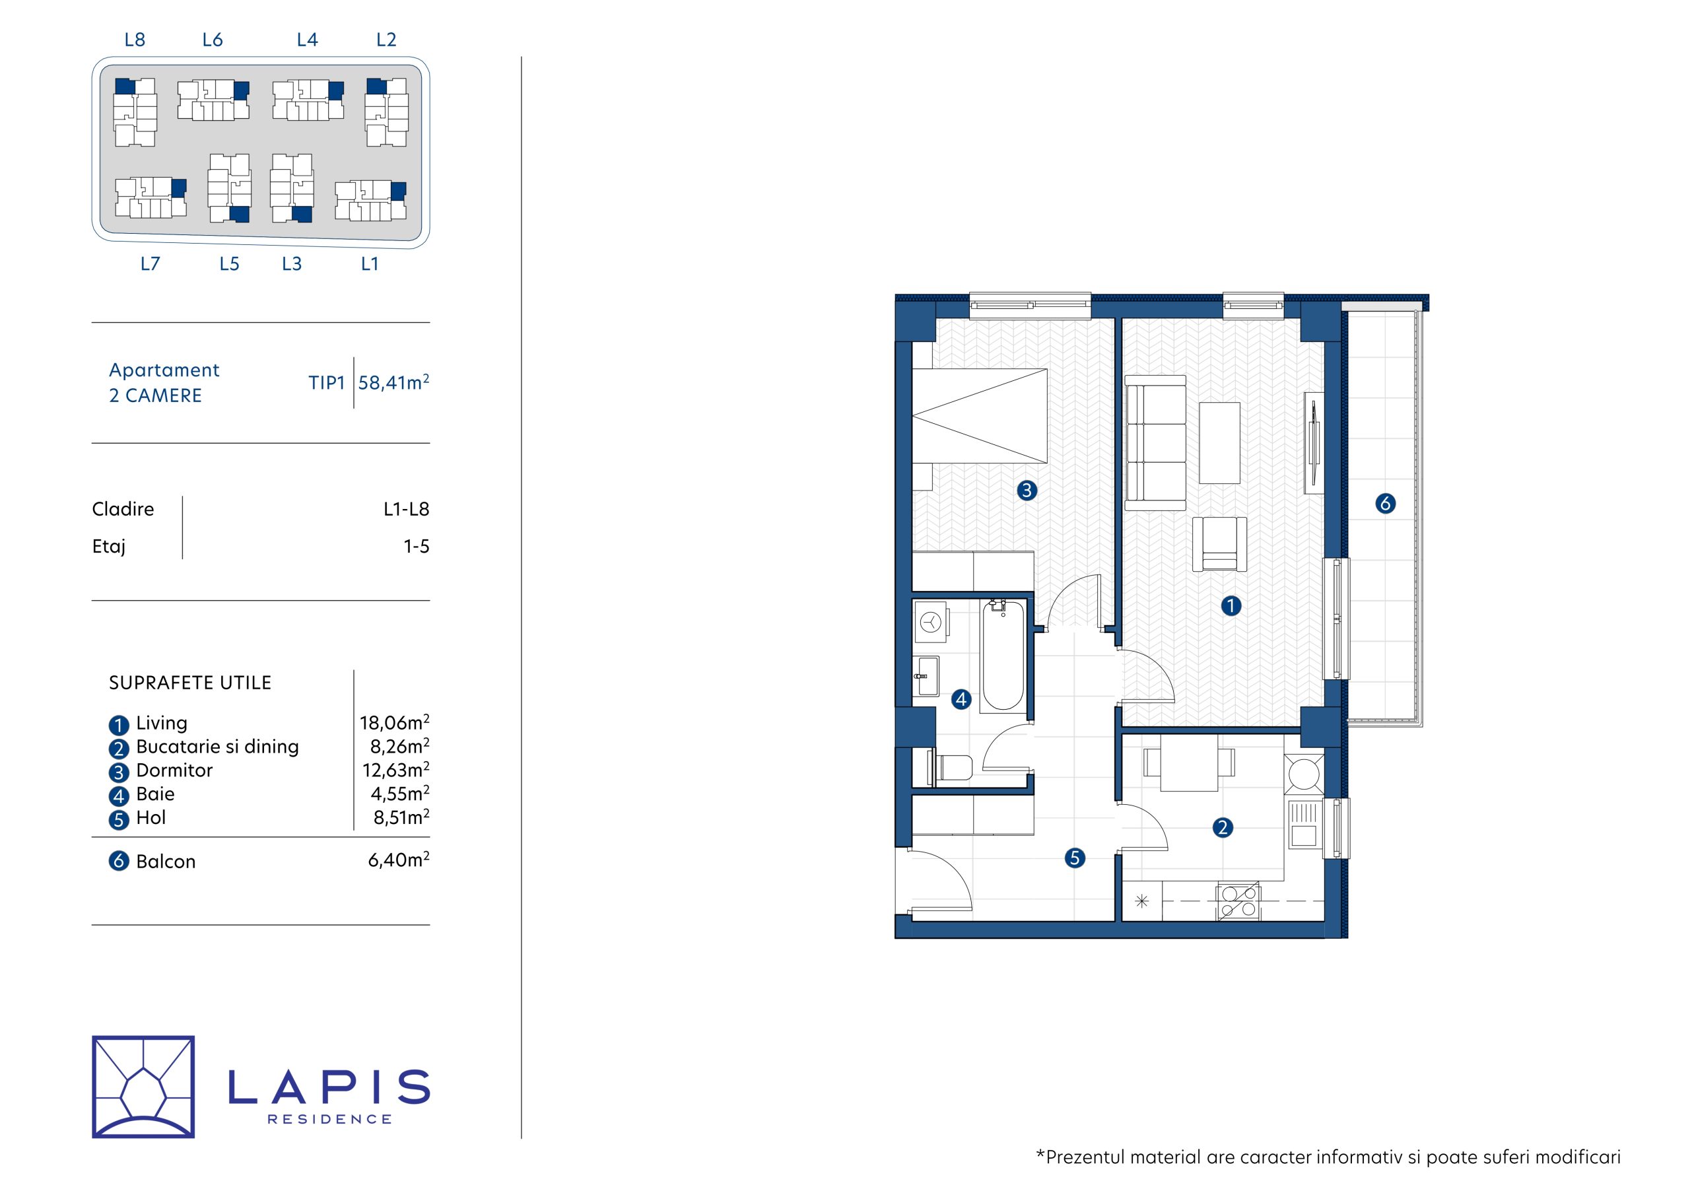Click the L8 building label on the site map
pyautogui.click(x=135, y=40)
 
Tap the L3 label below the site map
pyautogui.click(x=292, y=263)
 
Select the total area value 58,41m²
pyautogui.click(x=394, y=382)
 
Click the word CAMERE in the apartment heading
pyautogui.click(x=164, y=395)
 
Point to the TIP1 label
pyautogui.click(x=327, y=383)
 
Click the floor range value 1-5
pyautogui.click(x=417, y=546)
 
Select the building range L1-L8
pyautogui.click(x=406, y=509)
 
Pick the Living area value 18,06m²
pyautogui.click(x=395, y=722)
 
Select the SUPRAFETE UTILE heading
pyautogui.click(x=190, y=683)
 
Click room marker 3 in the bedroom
pyautogui.click(x=1027, y=491)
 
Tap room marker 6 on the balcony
pyautogui.click(x=1385, y=504)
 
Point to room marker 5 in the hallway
pyautogui.click(x=1075, y=858)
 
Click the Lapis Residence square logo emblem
pyautogui.click(x=143, y=1087)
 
